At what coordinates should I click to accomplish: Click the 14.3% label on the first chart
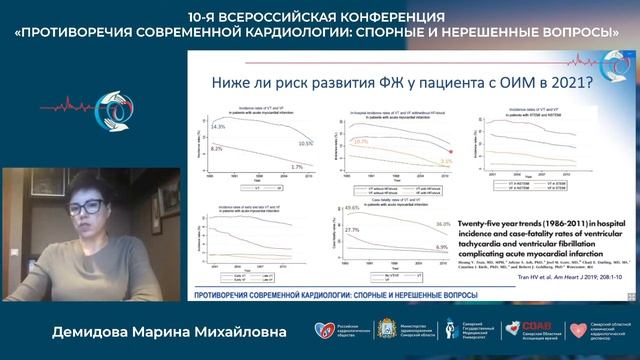click(x=218, y=127)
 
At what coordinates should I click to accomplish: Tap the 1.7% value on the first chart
click(x=296, y=166)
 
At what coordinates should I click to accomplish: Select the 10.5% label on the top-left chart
click(x=305, y=143)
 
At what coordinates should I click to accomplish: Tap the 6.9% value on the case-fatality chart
click(x=441, y=246)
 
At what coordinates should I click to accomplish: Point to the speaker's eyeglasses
click(x=88, y=207)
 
